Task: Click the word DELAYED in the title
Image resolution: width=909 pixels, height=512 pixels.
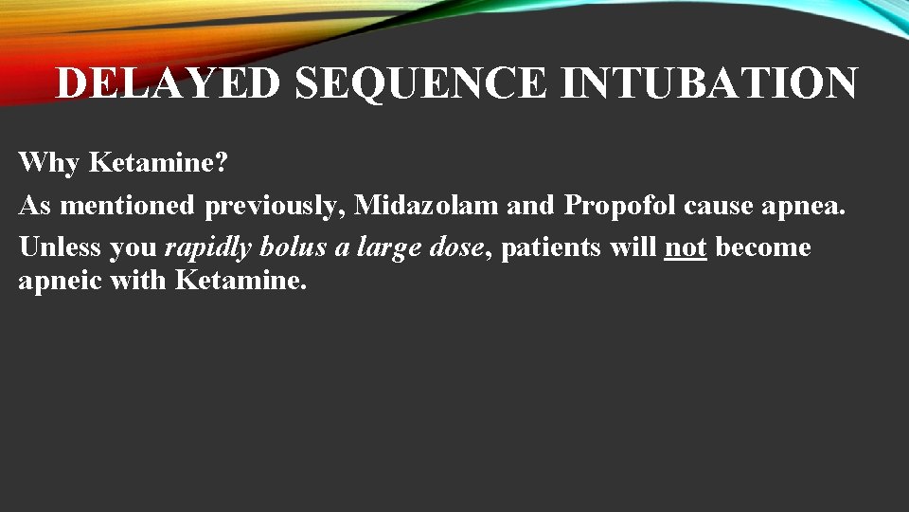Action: tap(169, 83)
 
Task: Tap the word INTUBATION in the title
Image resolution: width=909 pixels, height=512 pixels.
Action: tap(709, 83)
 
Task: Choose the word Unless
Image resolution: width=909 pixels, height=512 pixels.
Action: tap(60, 247)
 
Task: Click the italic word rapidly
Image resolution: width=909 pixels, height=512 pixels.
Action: tap(207, 248)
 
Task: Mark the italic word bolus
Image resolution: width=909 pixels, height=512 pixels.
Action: tap(294, 247)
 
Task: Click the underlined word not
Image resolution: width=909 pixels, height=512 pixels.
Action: tap(686, 247)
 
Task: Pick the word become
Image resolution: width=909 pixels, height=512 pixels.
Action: tap(763, 247)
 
